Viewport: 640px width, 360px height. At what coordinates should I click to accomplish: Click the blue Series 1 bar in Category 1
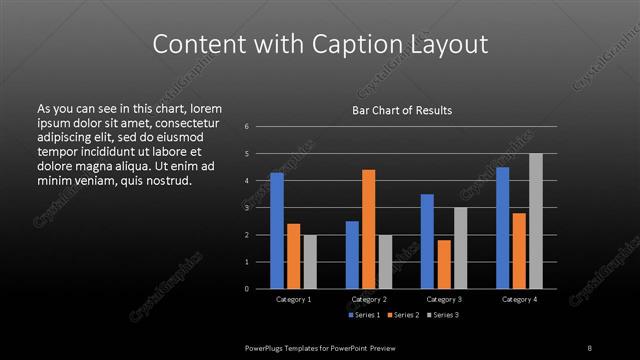click(x=277, y=231)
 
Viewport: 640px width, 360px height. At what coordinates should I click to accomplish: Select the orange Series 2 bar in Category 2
click(x=368, y=229)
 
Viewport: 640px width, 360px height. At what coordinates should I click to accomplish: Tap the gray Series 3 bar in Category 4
click(x=536, y=221)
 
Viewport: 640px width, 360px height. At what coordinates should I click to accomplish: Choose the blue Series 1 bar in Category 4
click(x=503, y=228)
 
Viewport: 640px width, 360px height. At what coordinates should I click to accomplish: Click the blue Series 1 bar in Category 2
click(x=352, y=255)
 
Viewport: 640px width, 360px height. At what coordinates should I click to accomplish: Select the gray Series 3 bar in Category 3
click(x=460, y=248)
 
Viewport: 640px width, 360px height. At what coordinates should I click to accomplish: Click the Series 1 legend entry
click(x=364, y=315)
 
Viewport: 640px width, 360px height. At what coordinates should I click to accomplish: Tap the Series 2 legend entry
click(x=405, y=315)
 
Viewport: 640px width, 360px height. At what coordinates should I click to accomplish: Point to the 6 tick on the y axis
click(x=246, y=127)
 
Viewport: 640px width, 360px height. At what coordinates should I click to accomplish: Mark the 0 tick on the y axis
click(x=246, y=289)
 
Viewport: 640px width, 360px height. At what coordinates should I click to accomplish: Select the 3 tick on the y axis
click(x=246, y=208)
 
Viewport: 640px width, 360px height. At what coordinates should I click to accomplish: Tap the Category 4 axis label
click(x=519, y=299)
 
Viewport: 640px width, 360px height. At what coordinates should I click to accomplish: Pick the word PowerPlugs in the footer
click(x=268, y=346)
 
